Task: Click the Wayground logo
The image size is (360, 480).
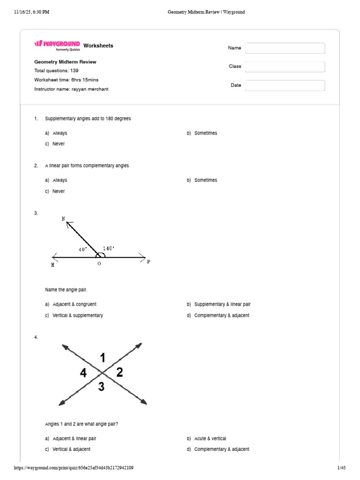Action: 57,45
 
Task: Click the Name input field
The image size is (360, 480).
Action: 285,48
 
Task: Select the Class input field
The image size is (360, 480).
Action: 285,67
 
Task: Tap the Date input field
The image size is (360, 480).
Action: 285,85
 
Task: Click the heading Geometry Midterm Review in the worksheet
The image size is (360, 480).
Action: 65,62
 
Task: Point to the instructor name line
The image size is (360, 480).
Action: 71,89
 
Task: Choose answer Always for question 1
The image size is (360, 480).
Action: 60,133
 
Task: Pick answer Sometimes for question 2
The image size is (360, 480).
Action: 205,180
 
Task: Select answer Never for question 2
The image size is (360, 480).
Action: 59,191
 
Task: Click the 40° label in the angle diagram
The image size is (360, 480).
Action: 83,250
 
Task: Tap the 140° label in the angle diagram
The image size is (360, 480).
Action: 108,248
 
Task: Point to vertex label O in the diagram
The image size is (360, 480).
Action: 99,264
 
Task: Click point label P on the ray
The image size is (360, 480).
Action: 149,262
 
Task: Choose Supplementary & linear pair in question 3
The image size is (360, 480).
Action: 222,304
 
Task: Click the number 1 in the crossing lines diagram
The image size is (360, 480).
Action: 103,359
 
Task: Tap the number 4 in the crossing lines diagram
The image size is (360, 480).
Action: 83,373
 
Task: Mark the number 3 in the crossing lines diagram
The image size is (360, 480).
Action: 101,387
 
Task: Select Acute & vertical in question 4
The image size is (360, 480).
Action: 210,439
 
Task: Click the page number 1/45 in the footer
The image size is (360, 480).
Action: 341,468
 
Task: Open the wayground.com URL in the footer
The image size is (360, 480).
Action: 74,468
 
